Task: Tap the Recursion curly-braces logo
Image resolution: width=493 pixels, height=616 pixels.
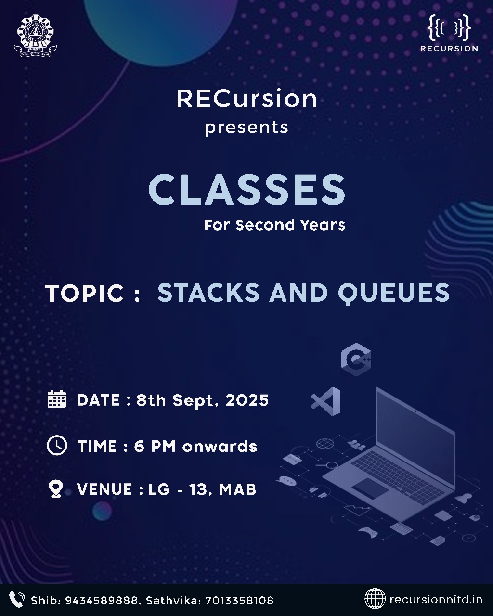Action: tap(449, 28)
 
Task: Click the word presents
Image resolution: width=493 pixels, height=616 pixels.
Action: tap(246, 128)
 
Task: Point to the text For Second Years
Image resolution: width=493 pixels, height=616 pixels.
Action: tap(274, 225)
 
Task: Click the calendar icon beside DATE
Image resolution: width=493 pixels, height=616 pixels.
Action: tap(57, 399)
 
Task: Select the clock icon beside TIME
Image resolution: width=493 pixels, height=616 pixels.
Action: tap(57, 445)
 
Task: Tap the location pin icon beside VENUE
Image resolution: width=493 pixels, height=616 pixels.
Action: tap(56, 489)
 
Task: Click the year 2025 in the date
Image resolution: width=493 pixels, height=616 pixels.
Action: tap(247, 400)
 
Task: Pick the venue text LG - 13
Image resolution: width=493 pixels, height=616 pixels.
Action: tap(177, 489)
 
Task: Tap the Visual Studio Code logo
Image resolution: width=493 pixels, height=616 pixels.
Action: tap(326, 401)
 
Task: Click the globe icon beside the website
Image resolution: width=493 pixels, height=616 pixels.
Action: tap(375, 599)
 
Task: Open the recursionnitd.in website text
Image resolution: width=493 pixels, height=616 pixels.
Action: tap(436, 600)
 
